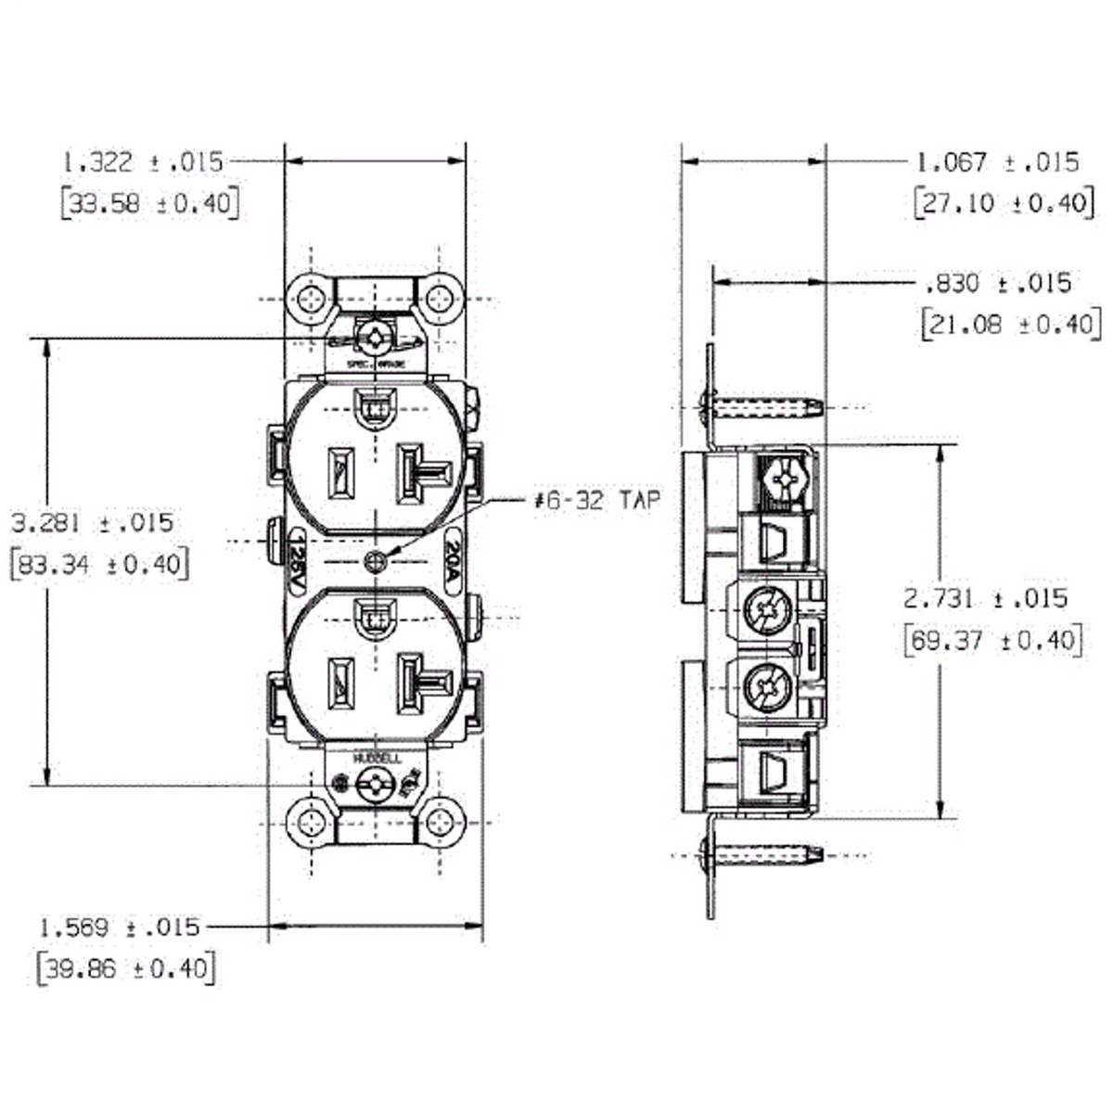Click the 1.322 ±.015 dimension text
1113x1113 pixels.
click(x=143, y=162)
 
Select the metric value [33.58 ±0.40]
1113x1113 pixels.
click(x=149, y=202)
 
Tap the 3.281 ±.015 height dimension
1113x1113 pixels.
click(x=92, y=522)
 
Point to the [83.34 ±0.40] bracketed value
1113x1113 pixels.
click(x=98, y=563)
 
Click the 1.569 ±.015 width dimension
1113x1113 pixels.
click(x=120, y=927)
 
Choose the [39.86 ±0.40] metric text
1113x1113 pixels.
click(x=126, y=968)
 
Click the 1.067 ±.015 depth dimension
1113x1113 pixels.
click(x=998, y=162)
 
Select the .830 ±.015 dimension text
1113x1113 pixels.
click(x=998, y=283)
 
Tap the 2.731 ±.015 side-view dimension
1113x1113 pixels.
click(x=986, y=598)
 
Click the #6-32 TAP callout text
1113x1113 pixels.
click(x=598, y=501)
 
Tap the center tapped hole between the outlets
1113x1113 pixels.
click(x=375, y=562)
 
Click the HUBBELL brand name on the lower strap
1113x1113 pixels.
click(x=377, y=759)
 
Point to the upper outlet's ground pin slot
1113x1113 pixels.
click(x=376, y=406)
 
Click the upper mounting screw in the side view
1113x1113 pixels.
click(x=761, y=405)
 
